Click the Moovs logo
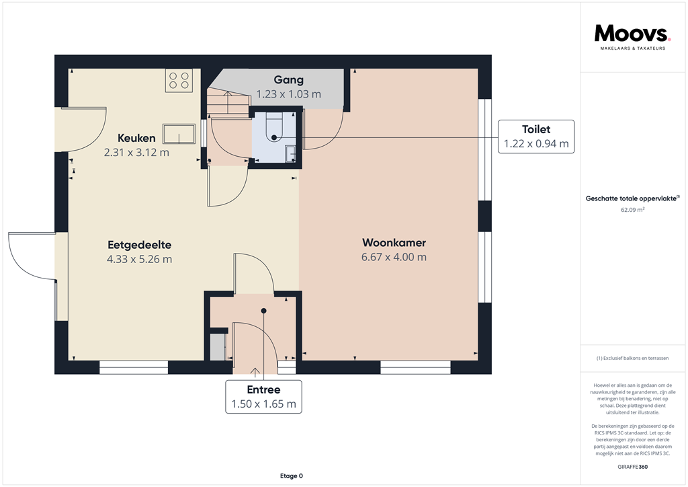[x=632, y=37]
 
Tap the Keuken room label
[x=136, y=138]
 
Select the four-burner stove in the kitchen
[x=179, y=80]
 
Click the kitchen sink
[x=179, y=134]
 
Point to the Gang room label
[x=289, y=80]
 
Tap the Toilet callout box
[x=536, y=137]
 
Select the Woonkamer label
[x=394, y=242]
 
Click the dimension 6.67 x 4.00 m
[x=394, y=257]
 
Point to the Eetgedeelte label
[x=140, y=245]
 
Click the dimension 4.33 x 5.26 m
[x=140, y=259]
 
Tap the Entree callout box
[x=263, y=397]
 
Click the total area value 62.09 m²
[x=632, y=210]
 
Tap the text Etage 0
[x=292, y=476]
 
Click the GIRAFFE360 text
[x=632, y=467]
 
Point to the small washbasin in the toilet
[x=290, y=153]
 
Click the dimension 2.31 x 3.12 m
[x=136, y=153]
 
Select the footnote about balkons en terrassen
[x=632, y=359]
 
